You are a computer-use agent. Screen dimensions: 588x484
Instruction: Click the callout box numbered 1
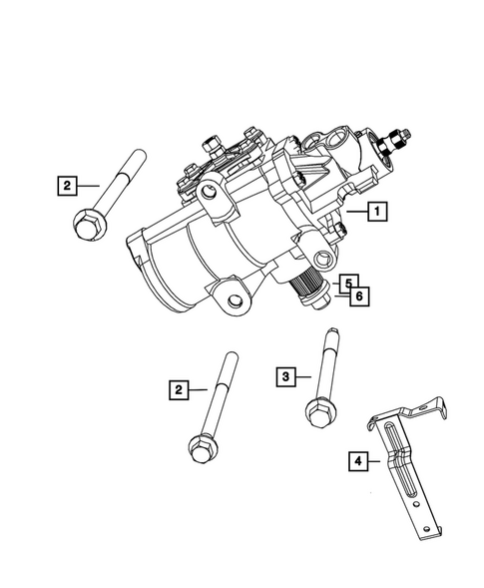pos(377,212)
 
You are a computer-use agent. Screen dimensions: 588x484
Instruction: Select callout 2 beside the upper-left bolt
pos(67,185)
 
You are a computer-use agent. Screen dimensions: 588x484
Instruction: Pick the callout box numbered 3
pos(286,376)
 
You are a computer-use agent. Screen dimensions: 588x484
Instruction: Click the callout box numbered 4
pos(355,461)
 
